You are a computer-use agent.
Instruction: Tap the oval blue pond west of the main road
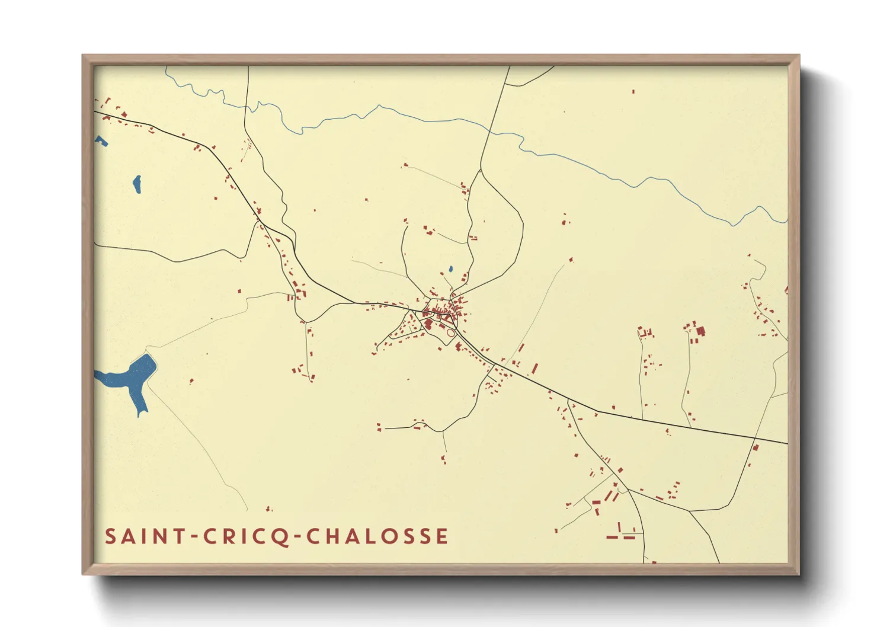tap(137, 184)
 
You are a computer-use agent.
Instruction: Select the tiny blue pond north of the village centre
tap(450, 269)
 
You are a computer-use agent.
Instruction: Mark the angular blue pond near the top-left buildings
tap(101, 140)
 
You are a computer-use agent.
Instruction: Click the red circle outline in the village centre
tap(450, 333)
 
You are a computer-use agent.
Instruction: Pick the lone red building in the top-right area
tap(633, 91)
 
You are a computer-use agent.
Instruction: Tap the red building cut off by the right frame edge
tap(786, 290)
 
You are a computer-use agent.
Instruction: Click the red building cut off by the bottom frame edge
tap(653, 561)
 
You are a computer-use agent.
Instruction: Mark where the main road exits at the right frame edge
tap(787, 443)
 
